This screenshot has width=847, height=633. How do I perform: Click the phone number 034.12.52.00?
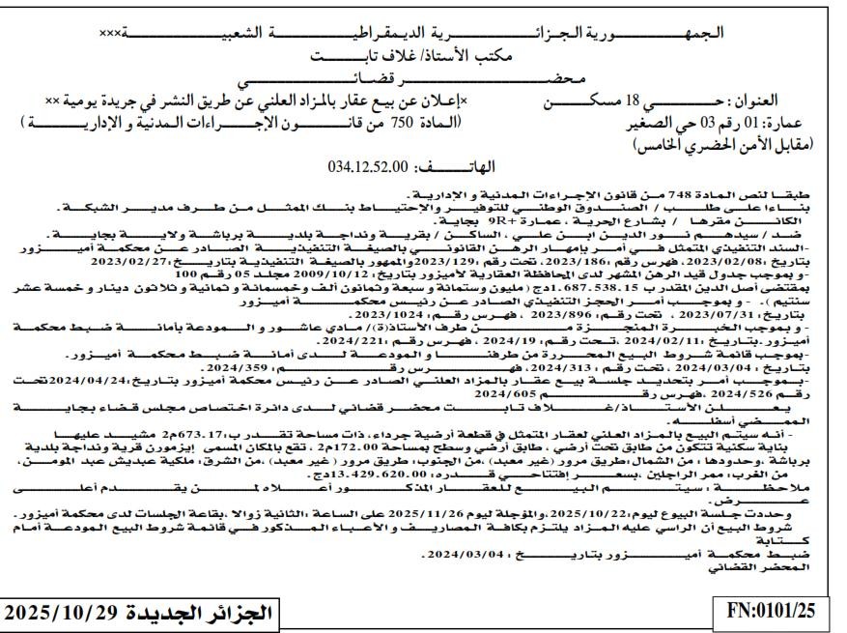coord(369,165)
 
